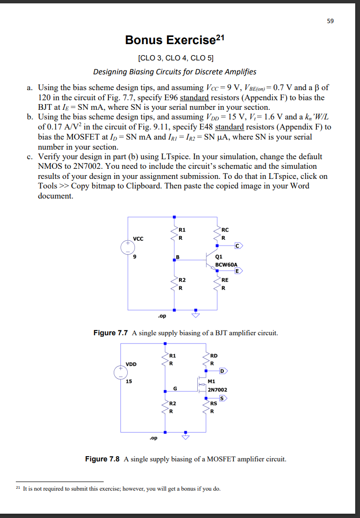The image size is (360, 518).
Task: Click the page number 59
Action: pos(331,21)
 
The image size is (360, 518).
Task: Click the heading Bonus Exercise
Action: pos(170,40)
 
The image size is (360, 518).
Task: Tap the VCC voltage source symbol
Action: pos(128,247)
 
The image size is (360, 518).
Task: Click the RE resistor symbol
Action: pos(217,283)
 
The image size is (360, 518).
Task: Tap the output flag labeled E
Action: pos(238,271)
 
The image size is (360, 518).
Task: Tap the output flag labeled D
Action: pos(224,371)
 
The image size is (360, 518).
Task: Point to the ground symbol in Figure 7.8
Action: pos(185,437)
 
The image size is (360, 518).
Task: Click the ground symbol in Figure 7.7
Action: pos(195,315)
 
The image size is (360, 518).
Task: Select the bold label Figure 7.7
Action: pos(110,333)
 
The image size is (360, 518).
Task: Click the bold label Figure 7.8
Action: pos(103,459)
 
